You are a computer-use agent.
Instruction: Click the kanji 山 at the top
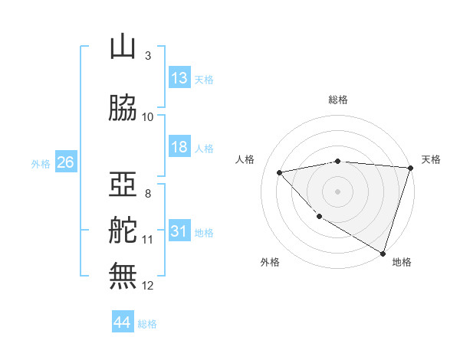pos(123,47)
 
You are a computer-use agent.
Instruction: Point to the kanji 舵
pos(123,231)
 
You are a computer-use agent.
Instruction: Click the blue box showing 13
pos(179,78)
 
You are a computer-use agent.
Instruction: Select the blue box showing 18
pos(179,147)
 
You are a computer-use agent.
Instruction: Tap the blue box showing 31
pos(179,231)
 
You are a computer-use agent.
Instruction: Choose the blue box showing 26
pos(65,162)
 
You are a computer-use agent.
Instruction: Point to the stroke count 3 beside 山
pos(147,56)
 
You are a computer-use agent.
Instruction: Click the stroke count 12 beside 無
pos(148,286)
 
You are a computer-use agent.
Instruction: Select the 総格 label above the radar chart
pos(338,100)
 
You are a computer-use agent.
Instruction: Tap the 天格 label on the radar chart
pos(431,159)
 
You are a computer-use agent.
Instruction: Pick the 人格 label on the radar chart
pos(245,159)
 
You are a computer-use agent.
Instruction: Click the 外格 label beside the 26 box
pos(41,163)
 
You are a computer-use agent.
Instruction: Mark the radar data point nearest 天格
pos(410,168)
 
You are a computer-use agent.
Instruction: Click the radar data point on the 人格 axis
pos(280,172)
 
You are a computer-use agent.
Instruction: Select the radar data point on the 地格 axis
pos(383,252)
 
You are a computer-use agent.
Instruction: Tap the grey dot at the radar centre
pos(338,191)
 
